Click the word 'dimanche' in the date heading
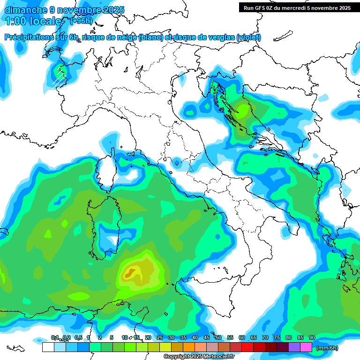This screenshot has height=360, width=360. [24, 9]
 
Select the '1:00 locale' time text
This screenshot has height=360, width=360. [34, 21]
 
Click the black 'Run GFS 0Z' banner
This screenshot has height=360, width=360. [297, 7]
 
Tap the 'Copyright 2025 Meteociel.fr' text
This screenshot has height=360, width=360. [199, 357]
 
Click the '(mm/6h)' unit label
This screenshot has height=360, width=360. [327, 348]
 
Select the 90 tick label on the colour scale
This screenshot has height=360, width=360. [312, 337]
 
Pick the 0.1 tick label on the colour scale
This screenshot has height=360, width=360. [55, 337]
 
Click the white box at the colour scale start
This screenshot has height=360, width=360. [48, 347]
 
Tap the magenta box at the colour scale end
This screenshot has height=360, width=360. [306, 347]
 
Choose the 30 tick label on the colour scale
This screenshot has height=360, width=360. [171, 337]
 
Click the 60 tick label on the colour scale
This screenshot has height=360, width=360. [241, 337]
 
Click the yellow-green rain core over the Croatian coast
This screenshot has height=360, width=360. [243, 110]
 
